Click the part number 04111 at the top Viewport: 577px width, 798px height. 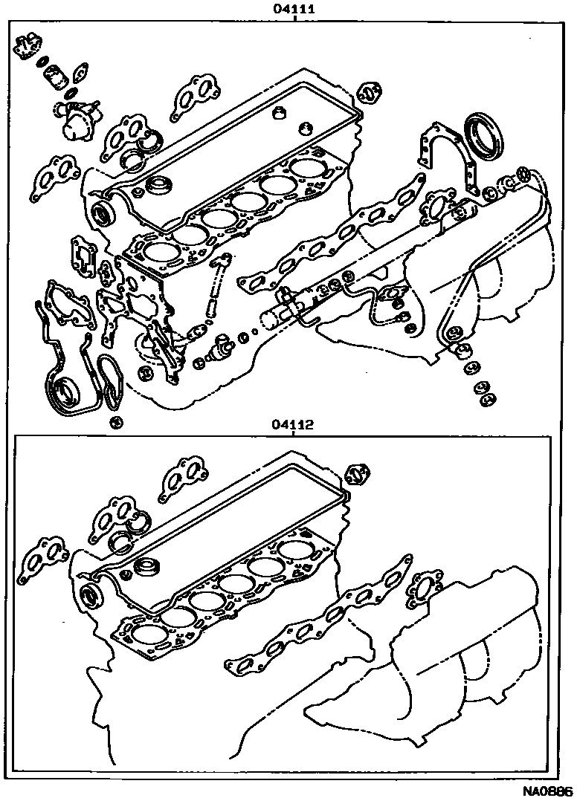pyautogui.click(x=294, y=9)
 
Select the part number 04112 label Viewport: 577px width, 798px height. pyautogui.click(x=293, y=424)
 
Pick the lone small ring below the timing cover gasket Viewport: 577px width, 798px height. pyautogui.click(x=117, y=422)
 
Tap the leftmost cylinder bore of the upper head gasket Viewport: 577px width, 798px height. pyautogui.click(x=156, y=250)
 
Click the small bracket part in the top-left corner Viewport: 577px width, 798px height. pyautogui.click(x=28, y=46)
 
